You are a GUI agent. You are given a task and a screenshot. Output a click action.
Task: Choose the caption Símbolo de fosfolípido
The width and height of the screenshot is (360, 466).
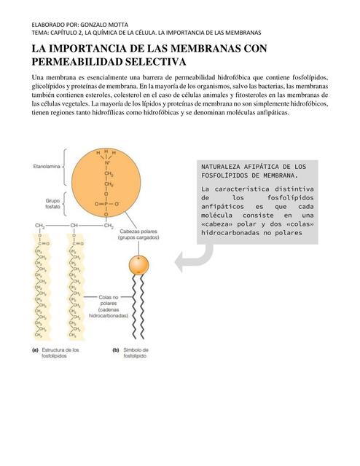[x=134, y=353]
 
